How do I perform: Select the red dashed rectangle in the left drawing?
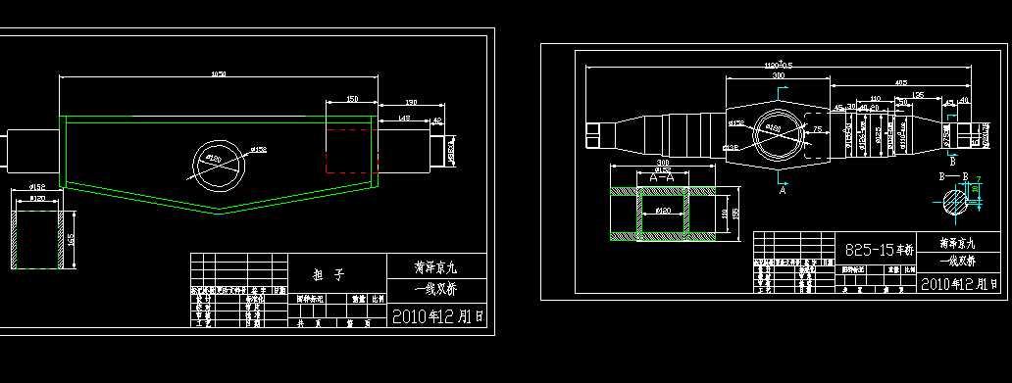point(352,152)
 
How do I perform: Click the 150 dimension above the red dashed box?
point(352,99)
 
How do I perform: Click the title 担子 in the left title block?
point(338,275)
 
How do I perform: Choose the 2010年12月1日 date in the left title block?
point(437,317)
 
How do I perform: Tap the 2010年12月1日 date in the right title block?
point(960,283)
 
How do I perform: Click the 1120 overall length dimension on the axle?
point(779,65)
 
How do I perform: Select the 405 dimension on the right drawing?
point(900,83)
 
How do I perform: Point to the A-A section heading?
point(667,177)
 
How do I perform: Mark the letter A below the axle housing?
point(783,192)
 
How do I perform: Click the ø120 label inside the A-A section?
point(663,211)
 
